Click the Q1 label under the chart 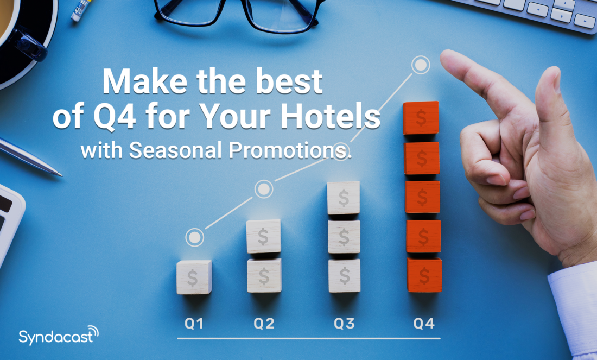[194, 324]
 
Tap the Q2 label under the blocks [264, 324]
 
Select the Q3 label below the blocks [344, 324]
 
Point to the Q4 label [424, 324]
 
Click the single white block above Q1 [194, 277]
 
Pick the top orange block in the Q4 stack [421, 118]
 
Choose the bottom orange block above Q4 [424, 275]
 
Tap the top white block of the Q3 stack [344, 198]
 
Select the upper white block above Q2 [263, 236]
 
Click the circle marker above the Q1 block [194, 237]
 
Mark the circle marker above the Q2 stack [264, 189]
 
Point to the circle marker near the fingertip [420, 65]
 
